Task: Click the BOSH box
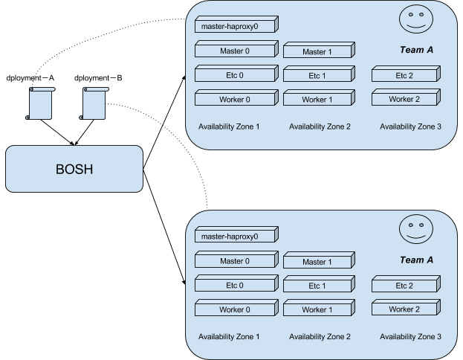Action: point(74,168)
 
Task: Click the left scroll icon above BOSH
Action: point(41,103)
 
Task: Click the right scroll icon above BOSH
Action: point(94,103)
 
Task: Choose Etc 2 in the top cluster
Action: point(404,75)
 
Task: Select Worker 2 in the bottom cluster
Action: point(404,308)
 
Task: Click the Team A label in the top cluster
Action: point(416,51)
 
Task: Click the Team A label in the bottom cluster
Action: point(416,260)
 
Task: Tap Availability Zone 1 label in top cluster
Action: point(229,126)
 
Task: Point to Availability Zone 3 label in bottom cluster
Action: point(410,336)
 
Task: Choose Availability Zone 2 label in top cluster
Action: point(319,126)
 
